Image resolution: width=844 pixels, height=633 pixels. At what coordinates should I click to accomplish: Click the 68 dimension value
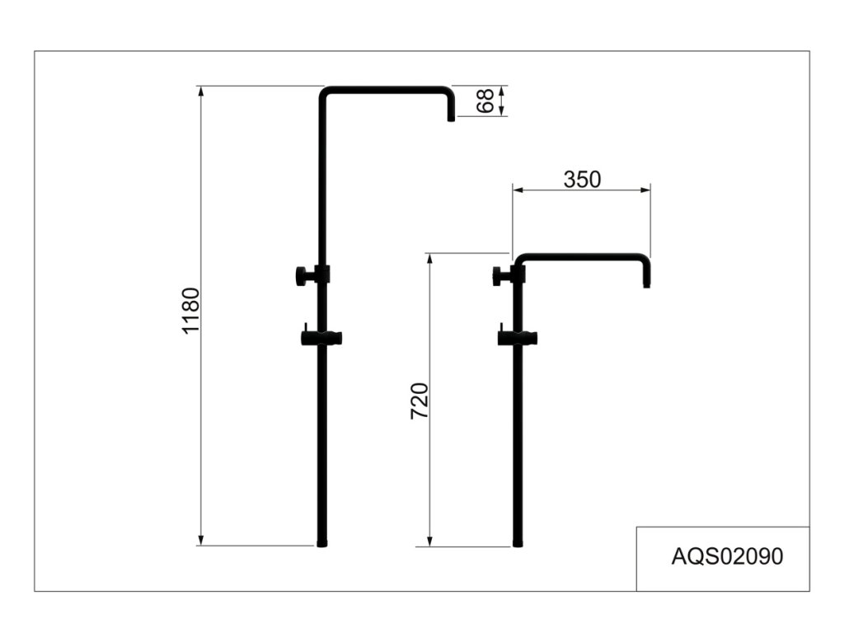coord(486,101)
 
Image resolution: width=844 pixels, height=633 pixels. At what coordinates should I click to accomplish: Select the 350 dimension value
coord(582,179)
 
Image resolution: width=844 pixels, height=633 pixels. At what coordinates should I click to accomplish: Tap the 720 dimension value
coord(420,401)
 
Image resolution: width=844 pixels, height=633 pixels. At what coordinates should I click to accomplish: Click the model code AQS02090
coord(727,556)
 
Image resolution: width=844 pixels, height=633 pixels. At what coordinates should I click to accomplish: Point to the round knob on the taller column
coord(302,275)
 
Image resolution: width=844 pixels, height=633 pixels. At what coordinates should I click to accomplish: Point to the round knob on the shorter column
coord(499,276)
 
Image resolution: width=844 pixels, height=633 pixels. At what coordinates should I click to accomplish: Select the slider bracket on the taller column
coord(321,337)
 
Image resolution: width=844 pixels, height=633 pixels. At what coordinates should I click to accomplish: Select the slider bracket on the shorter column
coord(518,337)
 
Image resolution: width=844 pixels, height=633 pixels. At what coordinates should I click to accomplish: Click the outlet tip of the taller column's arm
coord(451,118)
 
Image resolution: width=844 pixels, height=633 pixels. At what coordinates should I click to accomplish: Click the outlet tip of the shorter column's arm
coord(647,284)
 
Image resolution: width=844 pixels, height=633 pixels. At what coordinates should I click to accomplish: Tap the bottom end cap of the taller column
coord(322,543)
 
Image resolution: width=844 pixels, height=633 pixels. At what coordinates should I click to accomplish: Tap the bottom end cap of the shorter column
coord(518,543)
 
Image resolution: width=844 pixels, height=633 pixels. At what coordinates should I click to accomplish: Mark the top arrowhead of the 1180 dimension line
coord(200,91)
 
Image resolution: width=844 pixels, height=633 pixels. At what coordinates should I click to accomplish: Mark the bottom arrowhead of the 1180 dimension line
coord(200,540)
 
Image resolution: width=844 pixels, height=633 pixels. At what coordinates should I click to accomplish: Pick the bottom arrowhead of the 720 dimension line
coord(430,541)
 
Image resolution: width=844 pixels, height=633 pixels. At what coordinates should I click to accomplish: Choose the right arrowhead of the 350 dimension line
coord(645,190)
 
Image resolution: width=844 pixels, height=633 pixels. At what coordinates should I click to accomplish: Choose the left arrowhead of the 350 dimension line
coord(518,190)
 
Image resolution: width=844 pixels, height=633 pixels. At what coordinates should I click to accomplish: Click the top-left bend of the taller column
coord(325,91)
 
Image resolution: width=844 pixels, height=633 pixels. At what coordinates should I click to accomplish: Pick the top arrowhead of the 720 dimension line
coord(430,258)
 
